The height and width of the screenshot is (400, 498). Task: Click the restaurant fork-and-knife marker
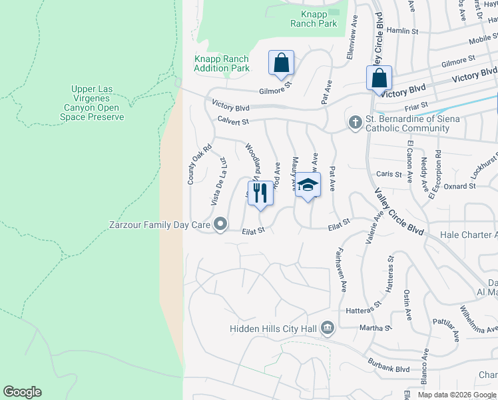pos(260,193)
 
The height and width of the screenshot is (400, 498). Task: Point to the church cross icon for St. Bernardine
pos(354,122)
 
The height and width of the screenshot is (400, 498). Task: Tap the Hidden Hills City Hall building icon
pos(328,328)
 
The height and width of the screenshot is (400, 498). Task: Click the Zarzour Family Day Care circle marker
pos(219,224)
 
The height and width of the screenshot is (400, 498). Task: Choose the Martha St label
pos(376,327)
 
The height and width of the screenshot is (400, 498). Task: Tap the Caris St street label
pos(389,174)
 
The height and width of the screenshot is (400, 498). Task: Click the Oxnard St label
pos(459,186)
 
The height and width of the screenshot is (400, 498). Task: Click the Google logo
pos(22,392)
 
